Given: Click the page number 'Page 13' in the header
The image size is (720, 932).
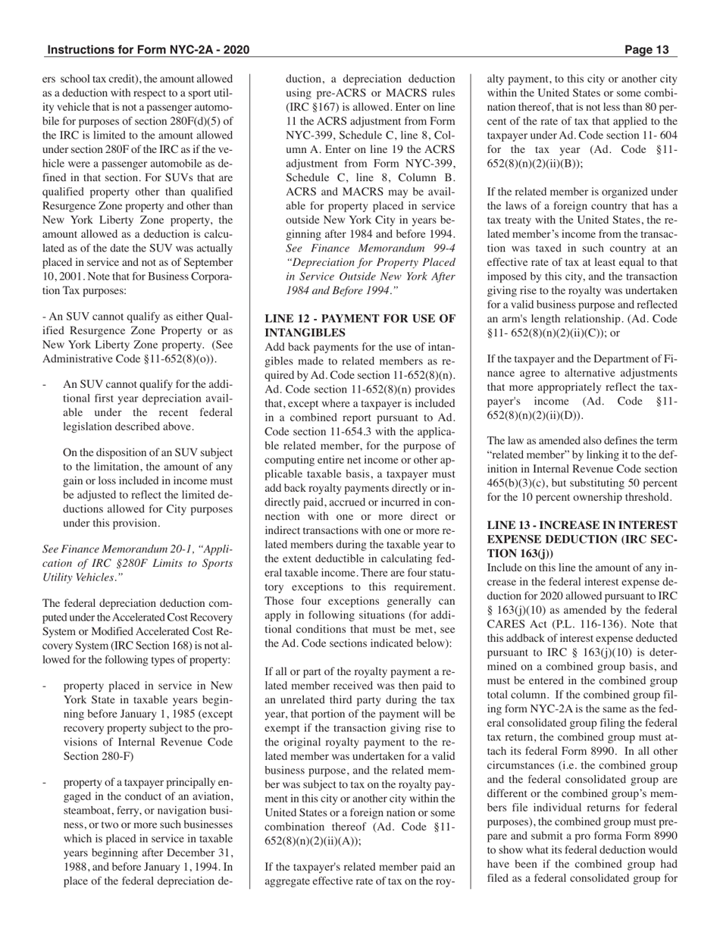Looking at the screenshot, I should pos(647,51).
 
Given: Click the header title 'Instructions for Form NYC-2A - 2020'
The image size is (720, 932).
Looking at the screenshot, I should pos(148,51).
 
